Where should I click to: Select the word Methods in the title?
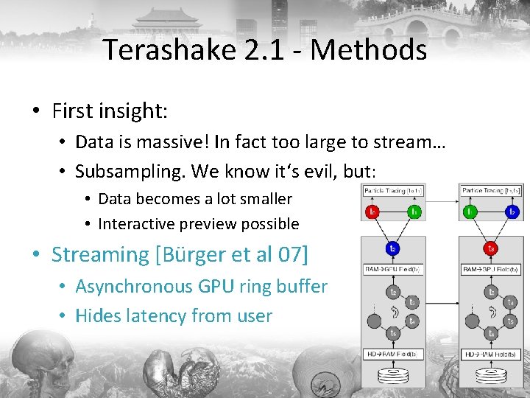[x=368, y=50]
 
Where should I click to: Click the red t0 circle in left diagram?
[x=373, y=212]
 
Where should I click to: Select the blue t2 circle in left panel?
[x=393, y=248]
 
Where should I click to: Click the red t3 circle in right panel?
[x=491, y=248]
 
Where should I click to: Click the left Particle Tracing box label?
[x=393, y=191]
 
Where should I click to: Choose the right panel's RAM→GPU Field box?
[x=491, y=270]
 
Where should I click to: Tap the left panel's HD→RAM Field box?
[x=393, y=355]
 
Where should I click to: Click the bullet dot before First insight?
[x=35, y=112]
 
